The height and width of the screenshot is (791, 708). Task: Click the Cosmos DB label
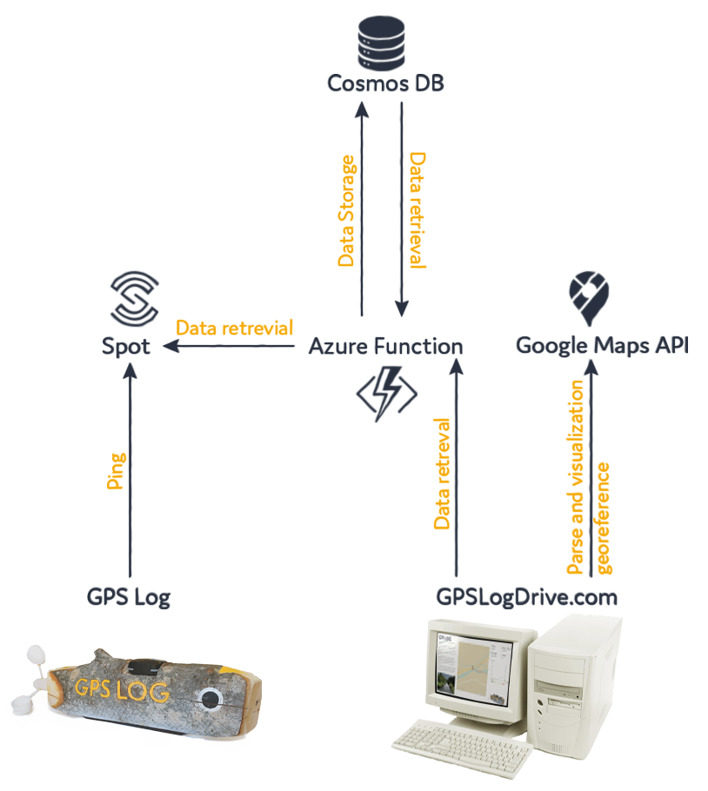[385, 83]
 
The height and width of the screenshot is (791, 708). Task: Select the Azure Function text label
[385, 346]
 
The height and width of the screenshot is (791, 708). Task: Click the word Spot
[127, 346]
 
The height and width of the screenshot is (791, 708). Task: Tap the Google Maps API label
[602, 346]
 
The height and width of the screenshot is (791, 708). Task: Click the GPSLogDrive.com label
[526, 596]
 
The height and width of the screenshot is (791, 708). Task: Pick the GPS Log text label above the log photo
[129, 596]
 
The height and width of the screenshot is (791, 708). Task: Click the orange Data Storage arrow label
[348, 209]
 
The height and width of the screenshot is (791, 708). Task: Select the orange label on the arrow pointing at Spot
[234, 328]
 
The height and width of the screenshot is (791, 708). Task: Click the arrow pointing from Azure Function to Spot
[230, 347]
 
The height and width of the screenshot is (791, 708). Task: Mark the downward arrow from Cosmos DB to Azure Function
[401, 209]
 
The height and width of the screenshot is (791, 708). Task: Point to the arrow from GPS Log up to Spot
[130, 470]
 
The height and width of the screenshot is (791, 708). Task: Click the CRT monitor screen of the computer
[477, 669]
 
